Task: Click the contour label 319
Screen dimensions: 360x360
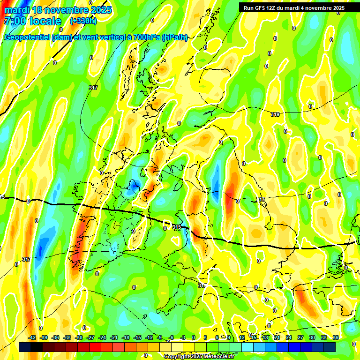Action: click(x=275, y=114)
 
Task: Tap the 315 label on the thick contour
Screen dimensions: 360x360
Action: click(x=176, y=227)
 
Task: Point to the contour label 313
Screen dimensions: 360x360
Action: click(x=26, y=259)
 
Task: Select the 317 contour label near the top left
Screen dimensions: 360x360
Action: click(x=93, y=88)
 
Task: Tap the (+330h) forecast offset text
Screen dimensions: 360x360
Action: click(x=83, y=21)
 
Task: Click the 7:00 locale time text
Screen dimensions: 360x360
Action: click(x=32, y=21)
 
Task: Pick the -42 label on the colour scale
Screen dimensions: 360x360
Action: click(x=32, y=337)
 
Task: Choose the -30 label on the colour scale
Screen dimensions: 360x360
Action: click(x=79, y=337)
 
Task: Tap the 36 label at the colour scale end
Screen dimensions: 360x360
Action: click(x=336, y=337)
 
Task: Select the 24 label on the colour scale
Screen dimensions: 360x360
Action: click(x=289, y=337)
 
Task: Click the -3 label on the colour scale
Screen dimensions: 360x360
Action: click(x=183, y=337)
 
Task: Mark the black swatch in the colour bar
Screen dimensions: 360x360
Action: click(x=37, y=347)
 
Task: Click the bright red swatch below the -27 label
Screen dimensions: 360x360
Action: click(x=95, y=347)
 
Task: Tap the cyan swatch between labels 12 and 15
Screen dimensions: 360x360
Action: click(x=247, y=347)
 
